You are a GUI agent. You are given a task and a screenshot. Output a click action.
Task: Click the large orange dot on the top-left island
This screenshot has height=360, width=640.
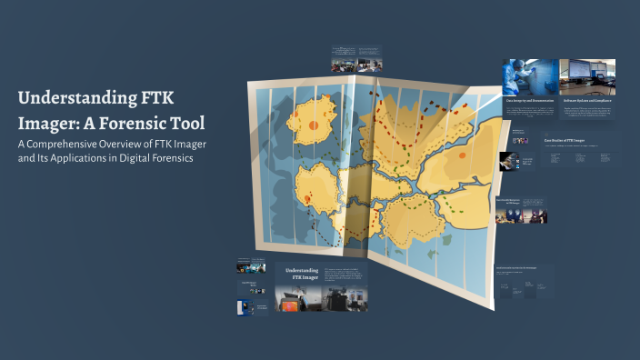(x=314, y=126)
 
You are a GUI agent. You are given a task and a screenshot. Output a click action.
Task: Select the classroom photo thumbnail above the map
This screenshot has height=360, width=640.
(x=345, y=65)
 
